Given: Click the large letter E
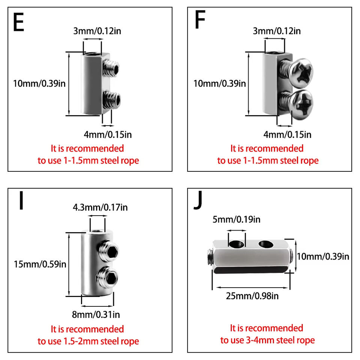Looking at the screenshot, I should pos(18,23).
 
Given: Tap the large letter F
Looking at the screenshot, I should pos(200,21).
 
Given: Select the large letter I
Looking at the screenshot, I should pos(21,201).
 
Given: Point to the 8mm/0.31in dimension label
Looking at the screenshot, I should pos(97,314).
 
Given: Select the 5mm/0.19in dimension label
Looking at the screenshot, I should pos(236,219).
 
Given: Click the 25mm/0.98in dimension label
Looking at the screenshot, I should pos(252,296).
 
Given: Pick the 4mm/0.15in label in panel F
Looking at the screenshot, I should pos(287,134).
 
